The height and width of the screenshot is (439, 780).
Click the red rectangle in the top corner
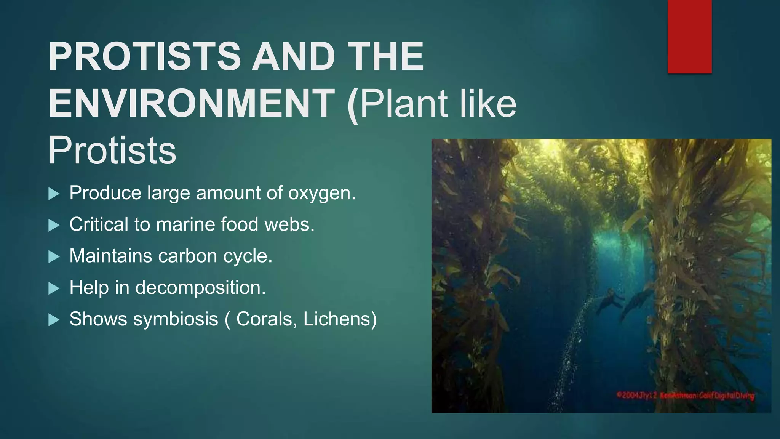(689, 36)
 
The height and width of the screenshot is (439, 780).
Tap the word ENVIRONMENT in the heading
(192, 103)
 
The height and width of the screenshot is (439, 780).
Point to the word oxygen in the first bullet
(322, 194)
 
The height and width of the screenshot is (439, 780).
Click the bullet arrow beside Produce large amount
(54, 194)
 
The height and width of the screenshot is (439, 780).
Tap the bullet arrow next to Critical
(54, 226)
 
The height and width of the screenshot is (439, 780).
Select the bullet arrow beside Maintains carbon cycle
(54, 257)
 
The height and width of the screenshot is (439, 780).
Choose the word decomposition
(200, 287)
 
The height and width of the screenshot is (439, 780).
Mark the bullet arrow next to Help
(54, 288)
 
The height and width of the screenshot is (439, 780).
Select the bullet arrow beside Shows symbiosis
(54, 320)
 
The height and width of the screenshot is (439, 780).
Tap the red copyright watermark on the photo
(685, 396)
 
